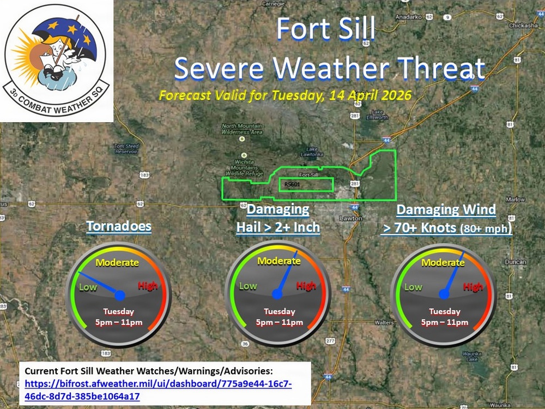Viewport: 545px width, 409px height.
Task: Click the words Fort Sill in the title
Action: (325, 29)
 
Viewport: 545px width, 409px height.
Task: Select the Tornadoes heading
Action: (119, 226)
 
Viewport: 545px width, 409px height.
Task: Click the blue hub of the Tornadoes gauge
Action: (120, 295)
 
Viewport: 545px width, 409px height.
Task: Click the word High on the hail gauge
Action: (306, 286)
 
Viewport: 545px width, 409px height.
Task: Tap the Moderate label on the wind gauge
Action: (443, 263)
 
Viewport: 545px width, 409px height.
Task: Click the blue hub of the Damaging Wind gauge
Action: (444, 294)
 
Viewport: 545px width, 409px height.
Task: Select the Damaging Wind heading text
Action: (446, 209)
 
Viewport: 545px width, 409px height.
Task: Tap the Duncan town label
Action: (515, 262)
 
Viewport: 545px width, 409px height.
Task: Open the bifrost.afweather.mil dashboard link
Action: (158, 390)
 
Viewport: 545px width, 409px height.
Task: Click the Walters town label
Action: (384, 322)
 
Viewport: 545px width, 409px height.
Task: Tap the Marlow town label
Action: (515, 200)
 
